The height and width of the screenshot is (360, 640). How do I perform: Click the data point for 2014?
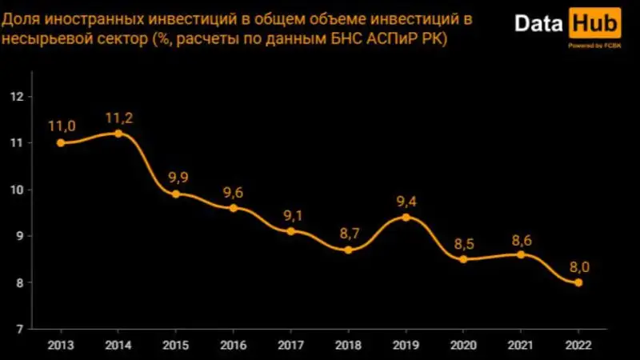[118, 134]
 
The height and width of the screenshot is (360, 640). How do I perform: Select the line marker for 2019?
[406, 217]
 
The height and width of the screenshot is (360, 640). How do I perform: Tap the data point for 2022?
[578, 282]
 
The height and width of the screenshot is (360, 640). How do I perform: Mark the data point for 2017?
[290, 231]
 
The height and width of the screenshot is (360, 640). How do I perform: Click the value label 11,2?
[118, 118]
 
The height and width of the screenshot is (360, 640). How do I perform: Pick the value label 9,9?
[175, 178]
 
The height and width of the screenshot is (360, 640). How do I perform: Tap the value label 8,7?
[348, 234]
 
